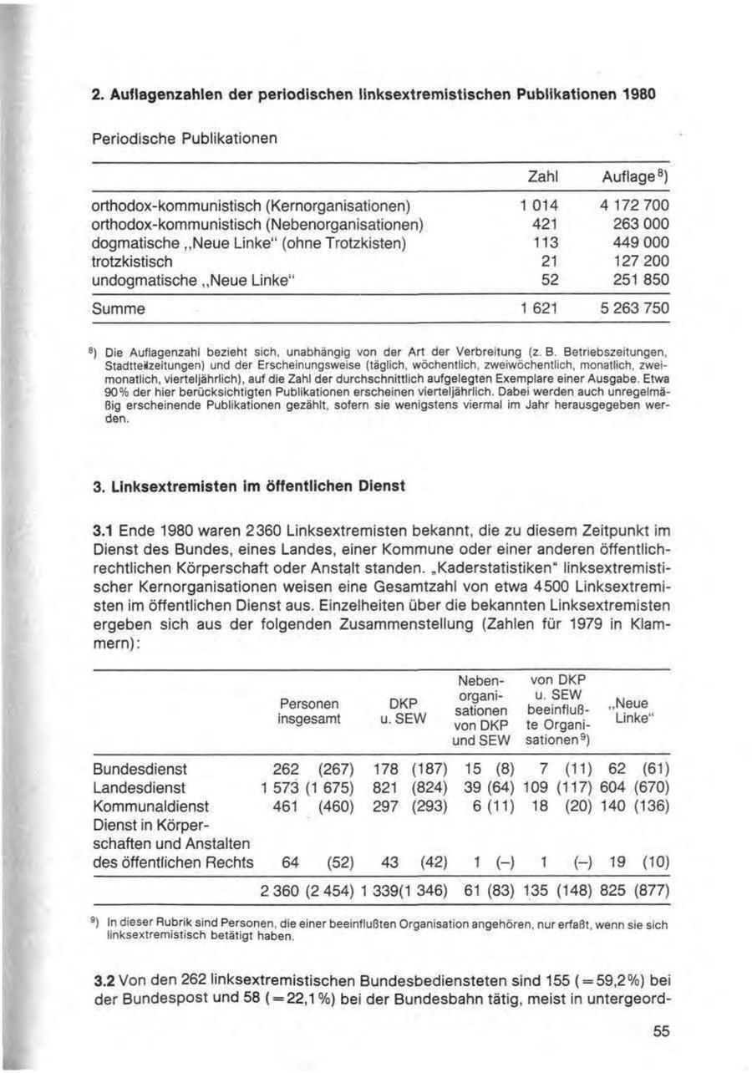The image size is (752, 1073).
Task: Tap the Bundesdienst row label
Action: (140, 767)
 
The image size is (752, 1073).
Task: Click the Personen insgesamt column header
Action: (309, 710)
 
